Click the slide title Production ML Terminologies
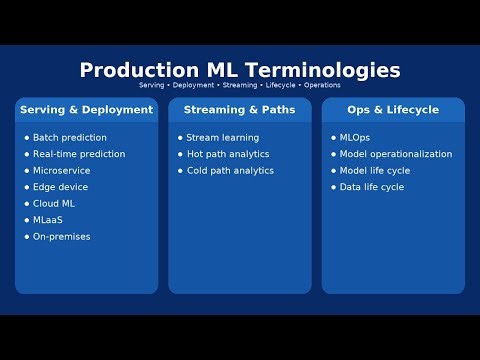click(240, 70)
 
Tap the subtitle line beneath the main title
click(240, 86)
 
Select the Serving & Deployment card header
click(87, 110)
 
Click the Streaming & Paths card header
click(240, 110)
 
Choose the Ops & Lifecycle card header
click(393, 110)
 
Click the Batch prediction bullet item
click(70, 138)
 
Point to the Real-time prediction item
click(79, 154)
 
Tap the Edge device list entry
click(61, 187)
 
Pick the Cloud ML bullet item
click(55, 204)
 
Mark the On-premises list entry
click(62, 237)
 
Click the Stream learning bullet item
click(223, 138)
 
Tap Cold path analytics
click(231, 171)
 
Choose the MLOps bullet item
click(355, 138)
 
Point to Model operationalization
click(396, 154)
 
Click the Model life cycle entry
click(375, 171)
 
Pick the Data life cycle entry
click(372, 187)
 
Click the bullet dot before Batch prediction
click(27, 138)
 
